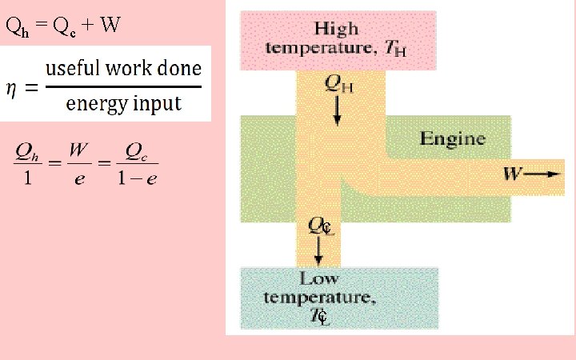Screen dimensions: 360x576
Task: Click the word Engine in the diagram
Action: [x=452, y=139]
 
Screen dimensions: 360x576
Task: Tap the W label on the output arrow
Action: [x=511, y=173]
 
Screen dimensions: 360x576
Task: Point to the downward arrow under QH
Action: [x=337, y=114]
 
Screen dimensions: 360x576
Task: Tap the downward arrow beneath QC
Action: [x=319, y=252]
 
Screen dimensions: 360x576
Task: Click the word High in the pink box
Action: [x=336, y=30]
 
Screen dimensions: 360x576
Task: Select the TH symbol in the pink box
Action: [x=395, y=50]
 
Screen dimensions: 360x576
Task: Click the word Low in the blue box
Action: [x=318, y=279]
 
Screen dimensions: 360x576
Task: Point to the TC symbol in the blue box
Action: [x=318, y=316]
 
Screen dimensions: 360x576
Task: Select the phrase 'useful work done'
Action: [x=122, y=68]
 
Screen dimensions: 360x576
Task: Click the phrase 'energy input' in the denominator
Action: [x=123, y=104]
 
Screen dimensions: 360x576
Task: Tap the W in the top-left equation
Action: [x=111, y=26]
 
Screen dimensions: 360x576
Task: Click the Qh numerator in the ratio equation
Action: [x=26, y=150]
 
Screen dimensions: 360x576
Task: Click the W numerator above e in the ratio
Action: [x=78, y=150]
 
